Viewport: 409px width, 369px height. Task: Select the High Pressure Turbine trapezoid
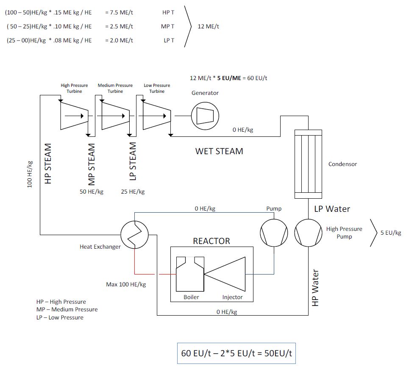74,115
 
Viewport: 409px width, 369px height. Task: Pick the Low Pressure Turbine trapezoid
156,115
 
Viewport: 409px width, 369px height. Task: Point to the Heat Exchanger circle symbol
134,234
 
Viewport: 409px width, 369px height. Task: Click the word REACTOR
211,241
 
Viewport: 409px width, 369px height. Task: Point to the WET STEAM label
219,151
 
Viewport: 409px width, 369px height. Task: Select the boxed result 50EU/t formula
236,353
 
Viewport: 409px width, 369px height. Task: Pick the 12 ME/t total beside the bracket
209,26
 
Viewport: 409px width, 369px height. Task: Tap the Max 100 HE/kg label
126,284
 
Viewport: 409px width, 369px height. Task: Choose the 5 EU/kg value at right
391,233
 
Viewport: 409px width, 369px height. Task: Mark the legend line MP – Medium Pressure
67,309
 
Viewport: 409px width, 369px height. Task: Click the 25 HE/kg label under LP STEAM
133,191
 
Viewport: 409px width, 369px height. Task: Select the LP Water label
332,209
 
